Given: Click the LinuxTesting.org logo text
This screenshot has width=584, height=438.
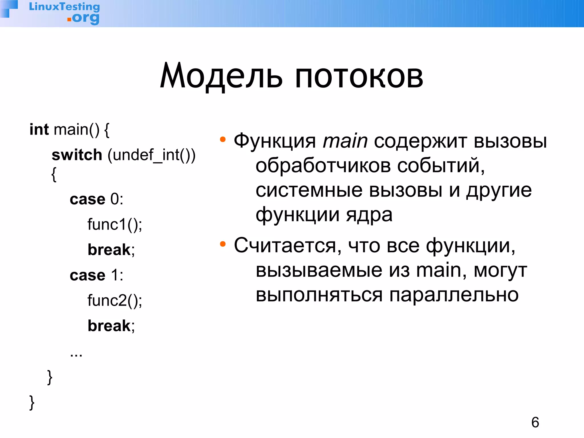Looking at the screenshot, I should click(x=64, y=13).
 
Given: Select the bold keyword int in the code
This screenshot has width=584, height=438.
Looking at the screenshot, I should click(x=39, y=130).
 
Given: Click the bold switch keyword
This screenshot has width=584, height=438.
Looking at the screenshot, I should click(x=77, y=155).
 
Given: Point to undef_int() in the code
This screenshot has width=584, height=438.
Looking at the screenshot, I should click(x=151, y=155).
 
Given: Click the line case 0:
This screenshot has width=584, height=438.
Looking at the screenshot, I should click(x=96, y=199).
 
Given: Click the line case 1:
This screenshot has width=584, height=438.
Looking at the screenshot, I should click(x=96, y=275).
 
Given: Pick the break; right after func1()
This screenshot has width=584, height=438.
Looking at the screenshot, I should click(x=111, y=250).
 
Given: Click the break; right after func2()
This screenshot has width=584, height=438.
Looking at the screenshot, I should click(x=111, y=326).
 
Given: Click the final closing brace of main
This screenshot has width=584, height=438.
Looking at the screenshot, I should click(x=32, y=403).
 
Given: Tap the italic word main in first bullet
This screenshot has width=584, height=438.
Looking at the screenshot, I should click(x=345, y=141).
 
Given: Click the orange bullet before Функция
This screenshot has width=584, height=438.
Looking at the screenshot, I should click(x=223, y=140).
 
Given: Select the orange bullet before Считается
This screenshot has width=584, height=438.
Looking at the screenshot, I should click(x=223, y=244).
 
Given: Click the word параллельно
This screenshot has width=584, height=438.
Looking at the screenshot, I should click(x=454, y=295).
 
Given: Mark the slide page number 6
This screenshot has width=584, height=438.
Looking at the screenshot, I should click(x=535, y=422).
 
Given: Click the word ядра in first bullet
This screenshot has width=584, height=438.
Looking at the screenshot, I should click(x=369, y=215).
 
